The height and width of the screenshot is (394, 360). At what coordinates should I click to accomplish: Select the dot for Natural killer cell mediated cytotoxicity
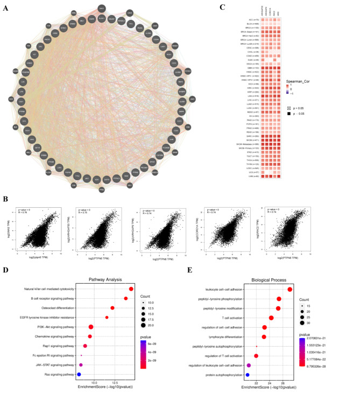[131, 290]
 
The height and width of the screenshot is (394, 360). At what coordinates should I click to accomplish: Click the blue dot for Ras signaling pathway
[79, 374]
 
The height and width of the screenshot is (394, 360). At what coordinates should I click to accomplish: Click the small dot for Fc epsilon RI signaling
[81, 355]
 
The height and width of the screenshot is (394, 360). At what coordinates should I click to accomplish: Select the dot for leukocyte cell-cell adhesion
[290, 290]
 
